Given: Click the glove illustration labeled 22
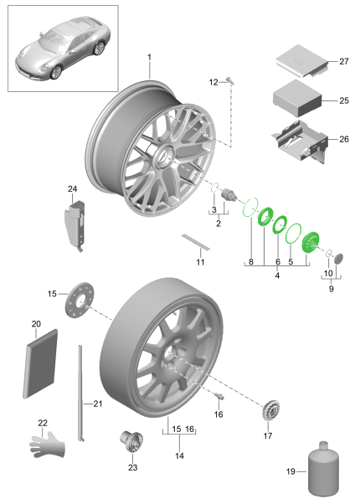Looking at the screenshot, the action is (x=48, y=445).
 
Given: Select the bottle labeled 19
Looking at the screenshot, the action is (x=323, y=469).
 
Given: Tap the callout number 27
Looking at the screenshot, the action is (x=344, y=61).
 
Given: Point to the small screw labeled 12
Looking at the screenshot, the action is (x=230, y=80).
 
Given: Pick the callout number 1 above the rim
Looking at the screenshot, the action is (x=149, y=57).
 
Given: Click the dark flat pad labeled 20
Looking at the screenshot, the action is (x=40, y=364).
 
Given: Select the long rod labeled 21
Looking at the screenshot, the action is (x=81, y=394).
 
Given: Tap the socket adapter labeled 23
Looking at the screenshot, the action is (x=131, y=441).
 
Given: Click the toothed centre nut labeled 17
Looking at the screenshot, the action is (x=271, y=410).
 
